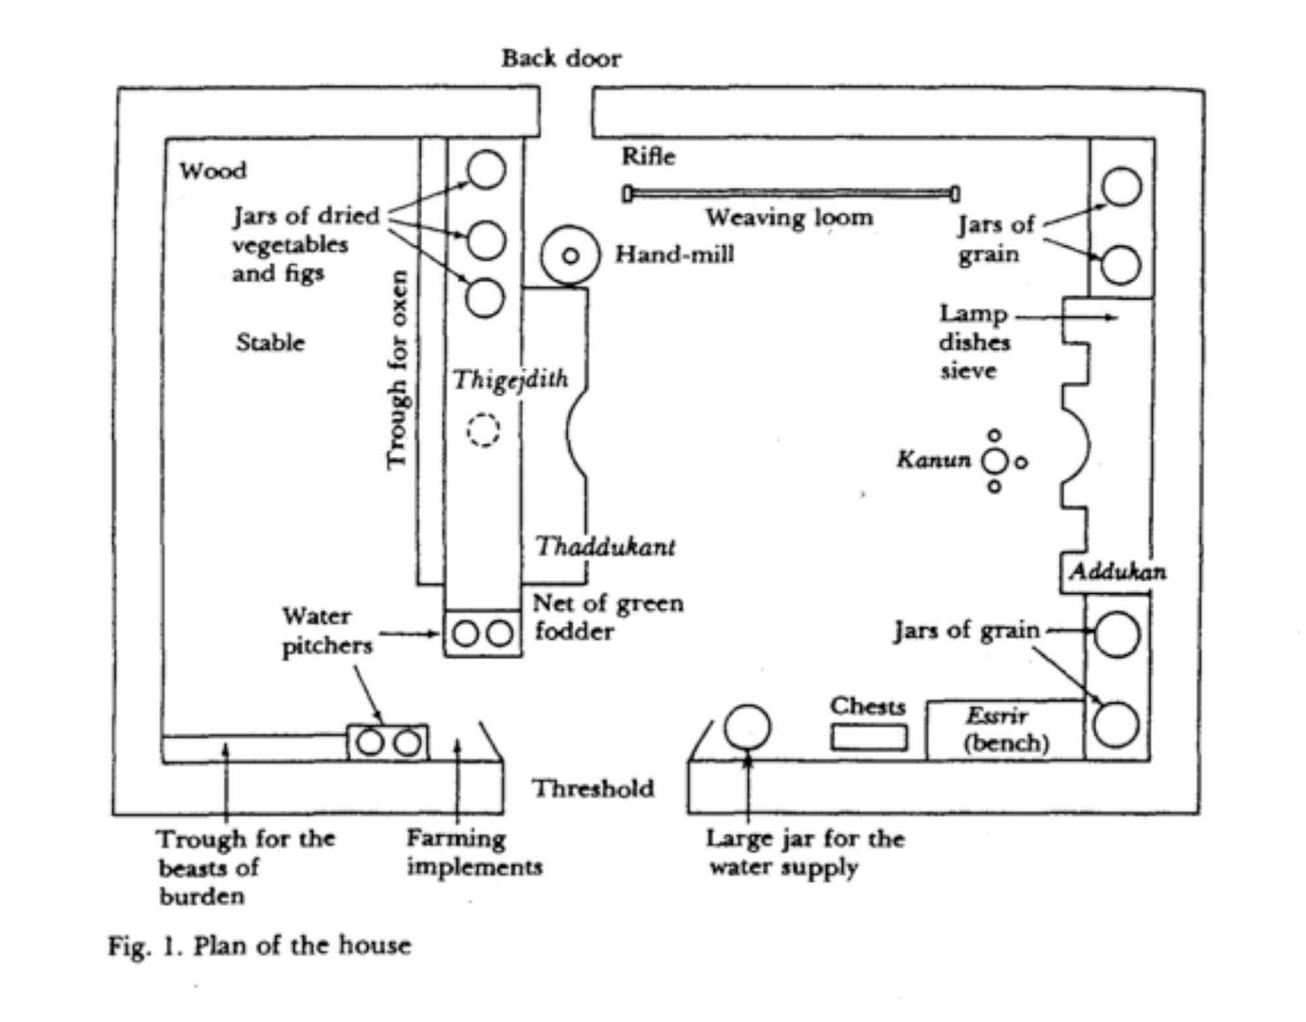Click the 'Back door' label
tap(561, 59)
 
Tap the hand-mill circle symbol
tap(570, 256)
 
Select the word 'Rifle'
tap(648, 157)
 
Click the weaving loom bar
tap(790, 193)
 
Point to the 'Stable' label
tap(270, 343)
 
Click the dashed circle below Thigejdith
tap(483, 431)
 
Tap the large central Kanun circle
tap(995, 462)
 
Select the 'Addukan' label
tap(1117, 573)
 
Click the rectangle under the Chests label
tap(868, 738)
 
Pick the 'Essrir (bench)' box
tap(1006, 730)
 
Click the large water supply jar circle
tap(748, 727)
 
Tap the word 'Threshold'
tap(593, 789)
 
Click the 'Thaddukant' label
tap(605, 547)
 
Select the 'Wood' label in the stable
tap(214, 171)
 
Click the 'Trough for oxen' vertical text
tap(397, 369)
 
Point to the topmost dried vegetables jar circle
tap(486, 169)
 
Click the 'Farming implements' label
tap(474, 853)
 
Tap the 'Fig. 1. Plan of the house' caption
tap(259, 946)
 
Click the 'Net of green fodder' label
tap(607, 617)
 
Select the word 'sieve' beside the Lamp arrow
tap(968, 371)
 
